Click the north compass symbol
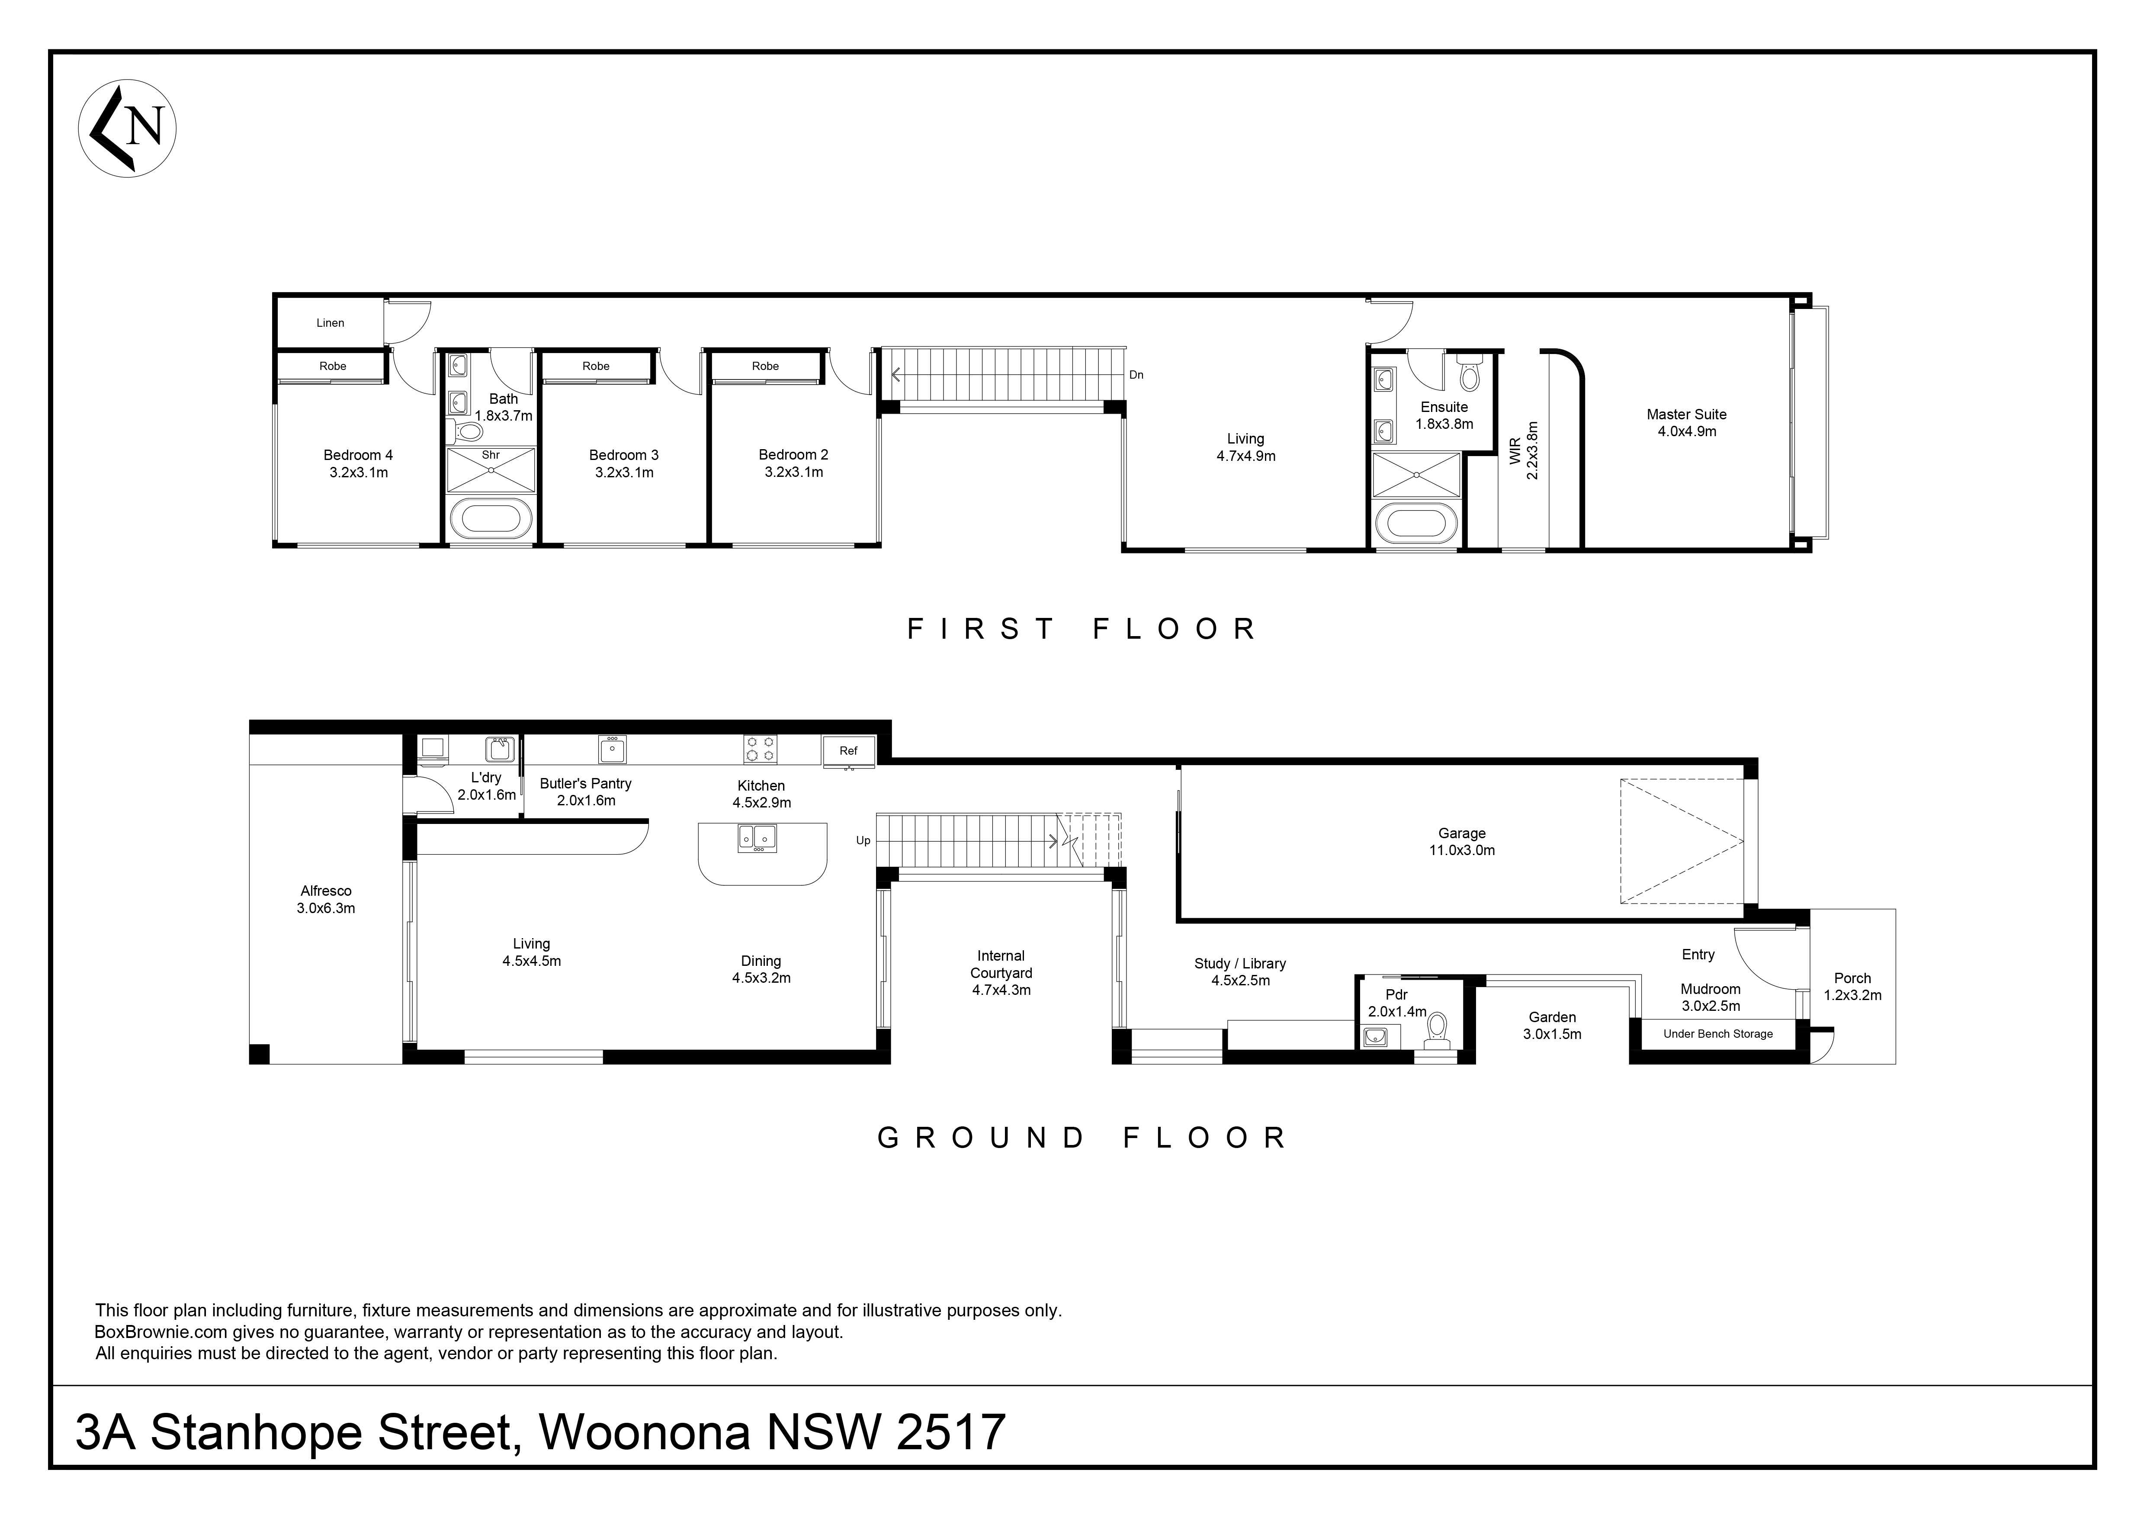tap(127, 128)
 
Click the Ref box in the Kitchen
tap(848, 751)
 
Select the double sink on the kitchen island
tap(757, 837)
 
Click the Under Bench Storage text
tap(1718, 1035)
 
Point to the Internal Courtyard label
tap(1001, 973)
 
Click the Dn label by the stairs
tap(1136, 375)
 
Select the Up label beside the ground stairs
tap(863, 841)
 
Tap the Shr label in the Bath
tap(491, 456)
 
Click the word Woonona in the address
tap(645, 1432)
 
